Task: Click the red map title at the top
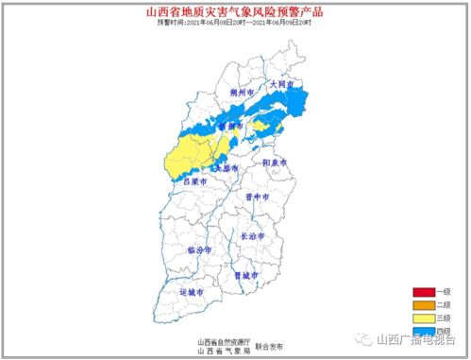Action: click(x=235, y=12)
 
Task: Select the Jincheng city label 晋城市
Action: click(x=245, y=276)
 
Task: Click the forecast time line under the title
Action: click(x=235, y=23)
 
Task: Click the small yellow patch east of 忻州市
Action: click(x=261, y=126)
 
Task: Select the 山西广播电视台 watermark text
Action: click(x=416, y=340)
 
